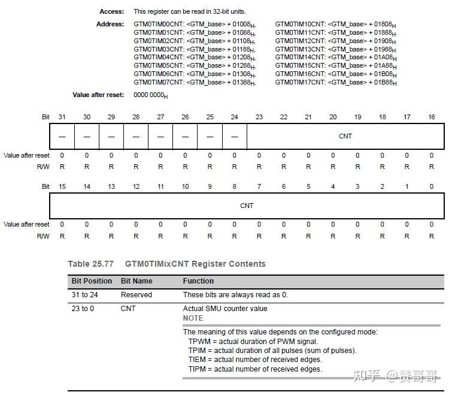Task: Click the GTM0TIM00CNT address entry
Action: tap(194, 25)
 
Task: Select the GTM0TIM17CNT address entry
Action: tap(335, 82)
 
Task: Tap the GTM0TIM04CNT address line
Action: tap(194, 58)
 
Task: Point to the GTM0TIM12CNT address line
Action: tap(335, 41)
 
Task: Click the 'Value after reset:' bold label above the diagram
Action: tap(98, 95)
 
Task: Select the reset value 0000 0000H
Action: tap(150, 95)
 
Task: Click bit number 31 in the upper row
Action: tap(62, 117)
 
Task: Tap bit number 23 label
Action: tap(259, 117)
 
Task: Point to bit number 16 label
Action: tap(432, 117)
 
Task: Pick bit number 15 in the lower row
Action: tap(62, 186)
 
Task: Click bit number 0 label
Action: tap(432, 186)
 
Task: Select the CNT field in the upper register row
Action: tap(345, 136)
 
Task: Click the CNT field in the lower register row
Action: tap(247, 206)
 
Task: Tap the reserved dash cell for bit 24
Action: tap(234, 137)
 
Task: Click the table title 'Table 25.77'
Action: tap(90, 264)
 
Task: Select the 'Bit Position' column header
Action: tap(92, 281)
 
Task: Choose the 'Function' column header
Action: tap(198, 281)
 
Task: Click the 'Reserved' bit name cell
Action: tap(136, 295)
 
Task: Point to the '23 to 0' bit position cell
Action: tap(83, 309)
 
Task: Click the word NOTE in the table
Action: tap(193, 318)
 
